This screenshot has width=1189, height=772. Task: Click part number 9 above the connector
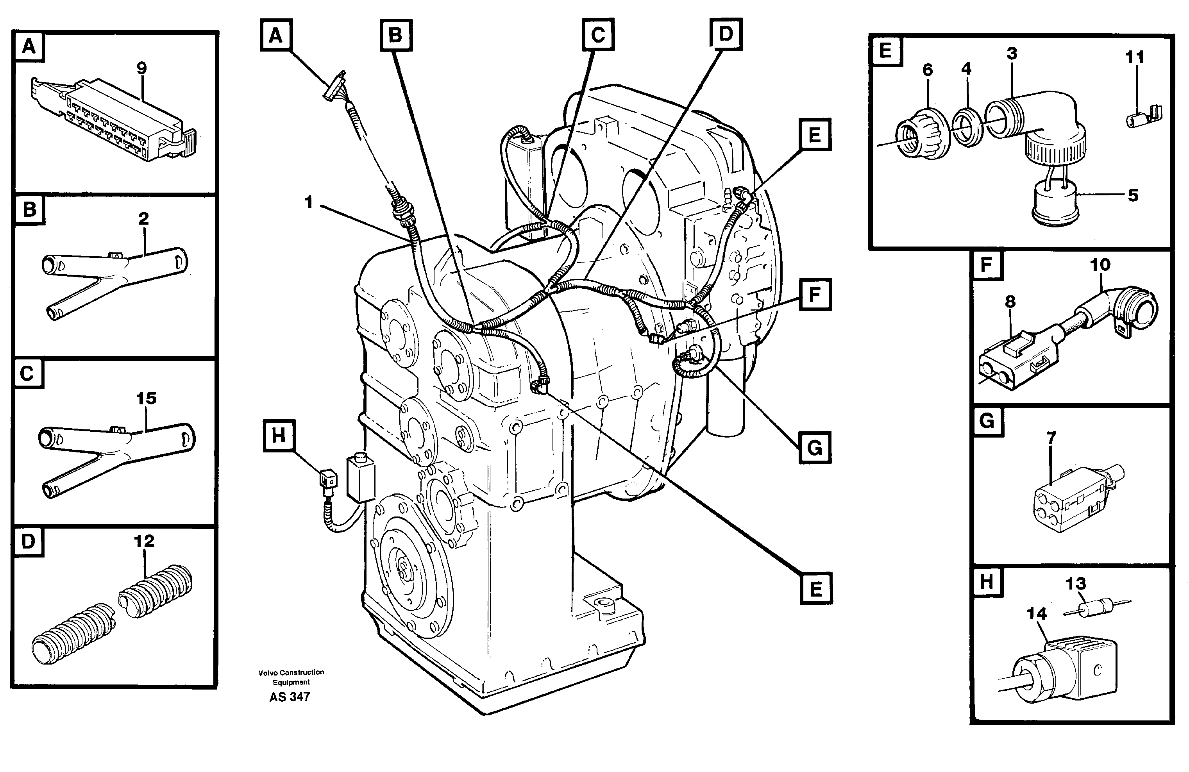141,68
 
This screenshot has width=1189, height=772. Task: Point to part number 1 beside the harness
309,202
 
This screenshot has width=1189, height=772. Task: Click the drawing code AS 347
290,697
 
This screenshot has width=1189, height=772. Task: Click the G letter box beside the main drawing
815,448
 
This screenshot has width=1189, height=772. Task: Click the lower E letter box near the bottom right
816,589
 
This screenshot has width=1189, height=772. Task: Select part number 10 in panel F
1100,265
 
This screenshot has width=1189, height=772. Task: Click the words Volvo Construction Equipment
291,677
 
